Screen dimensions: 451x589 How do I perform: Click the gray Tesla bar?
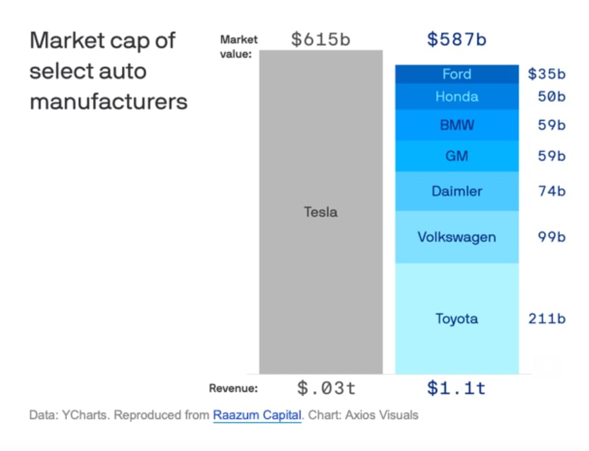pos(320,212)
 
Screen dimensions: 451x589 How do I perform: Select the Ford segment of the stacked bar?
pos(456,74)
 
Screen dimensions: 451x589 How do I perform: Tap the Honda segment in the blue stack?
pos(456,97)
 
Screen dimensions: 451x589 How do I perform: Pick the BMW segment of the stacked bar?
pos(456,125)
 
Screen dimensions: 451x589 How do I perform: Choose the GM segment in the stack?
pos(456,156)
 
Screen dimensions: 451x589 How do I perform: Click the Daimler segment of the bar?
pos(456,191)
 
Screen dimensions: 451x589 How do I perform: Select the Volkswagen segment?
pos(456,237)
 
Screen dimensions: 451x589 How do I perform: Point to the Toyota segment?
pos(456,318)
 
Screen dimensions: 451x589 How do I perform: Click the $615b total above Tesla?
pos(320,39)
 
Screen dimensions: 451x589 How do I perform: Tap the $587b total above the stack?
pos(456,39)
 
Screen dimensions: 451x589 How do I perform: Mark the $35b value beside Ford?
pos(547,74)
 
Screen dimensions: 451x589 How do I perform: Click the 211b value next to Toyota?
pos(547,319)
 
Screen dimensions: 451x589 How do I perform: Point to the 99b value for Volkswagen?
pos(551,237)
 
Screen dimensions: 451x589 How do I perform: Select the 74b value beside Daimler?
pos(551,192)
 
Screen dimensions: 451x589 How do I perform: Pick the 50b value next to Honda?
pos(551,97)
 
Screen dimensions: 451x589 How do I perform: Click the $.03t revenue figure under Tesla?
pos(320,388)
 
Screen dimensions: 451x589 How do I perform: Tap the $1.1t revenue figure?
pos(456,388)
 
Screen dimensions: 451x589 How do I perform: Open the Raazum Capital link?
pos(257,416)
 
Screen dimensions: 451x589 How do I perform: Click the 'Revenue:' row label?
pos(233,389)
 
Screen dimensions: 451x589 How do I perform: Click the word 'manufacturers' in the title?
pos(109,102)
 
